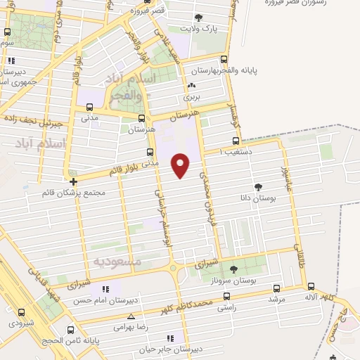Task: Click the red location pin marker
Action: [181, 165]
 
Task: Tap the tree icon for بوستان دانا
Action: [257, 187]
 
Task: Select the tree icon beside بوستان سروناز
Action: [234, 269]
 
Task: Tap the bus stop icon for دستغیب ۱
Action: [236, 141]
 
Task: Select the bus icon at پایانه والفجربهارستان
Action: [224, 60]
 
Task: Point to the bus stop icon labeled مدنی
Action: [89, 108]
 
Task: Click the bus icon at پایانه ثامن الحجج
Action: [69, 328]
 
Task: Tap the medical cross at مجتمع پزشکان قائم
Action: [73, 181]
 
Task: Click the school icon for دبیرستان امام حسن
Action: [105, 289]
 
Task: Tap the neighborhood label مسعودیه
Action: [118, 261]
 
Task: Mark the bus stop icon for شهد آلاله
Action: [311, 286]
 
